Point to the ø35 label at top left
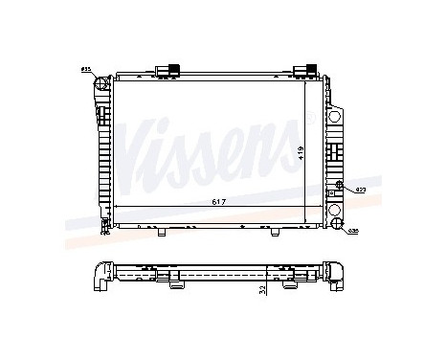tap(85, 70)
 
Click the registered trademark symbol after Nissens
tap(309, 117)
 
